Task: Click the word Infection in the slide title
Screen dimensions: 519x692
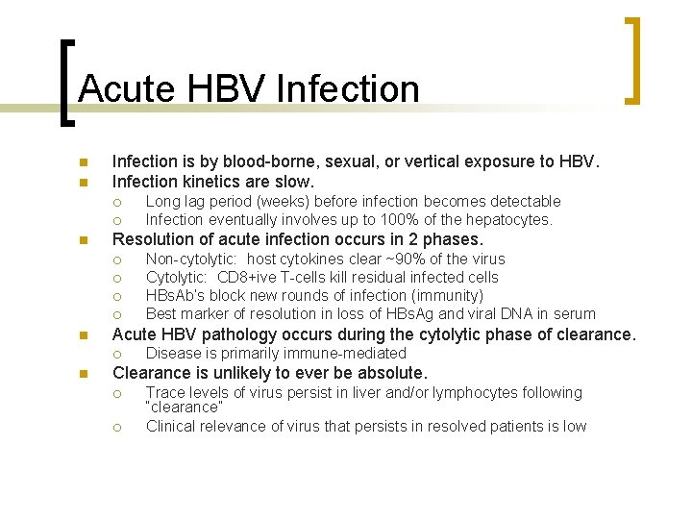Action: tap(347, 88)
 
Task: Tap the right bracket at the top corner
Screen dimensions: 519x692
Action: tap(633, 60)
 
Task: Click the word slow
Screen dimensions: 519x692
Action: tap(295, 182)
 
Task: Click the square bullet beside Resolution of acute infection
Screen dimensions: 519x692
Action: tap(84, 240)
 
